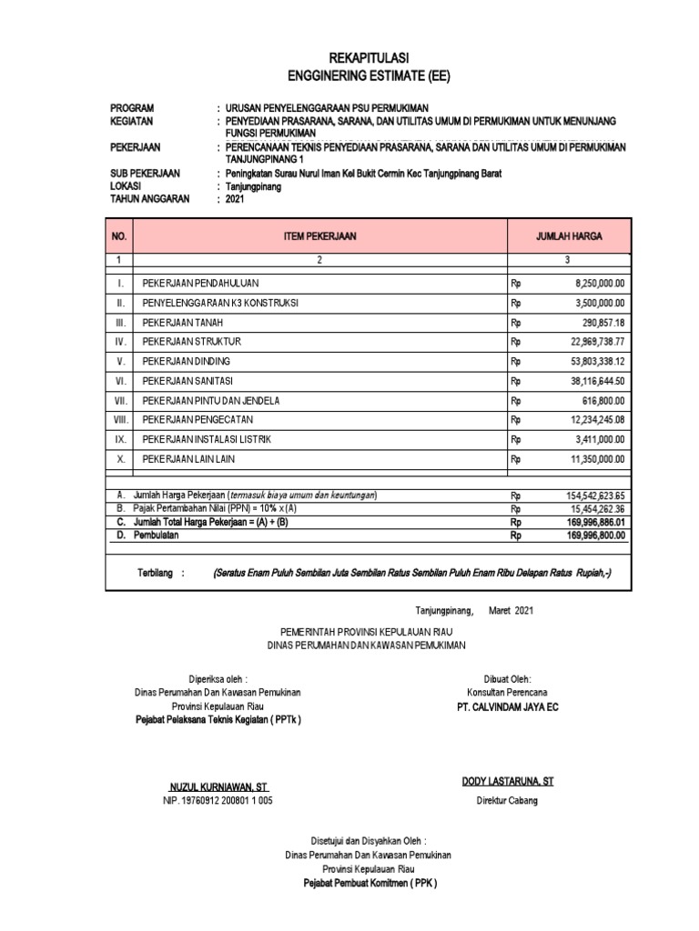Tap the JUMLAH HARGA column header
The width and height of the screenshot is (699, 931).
tap(568, 236)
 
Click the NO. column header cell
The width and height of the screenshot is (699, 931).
tap(119, 236)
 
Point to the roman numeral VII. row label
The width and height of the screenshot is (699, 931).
tap(119, 401)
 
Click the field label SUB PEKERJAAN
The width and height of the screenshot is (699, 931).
tap(145, 173)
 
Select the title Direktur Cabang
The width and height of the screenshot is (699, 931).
tap(507, 800)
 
